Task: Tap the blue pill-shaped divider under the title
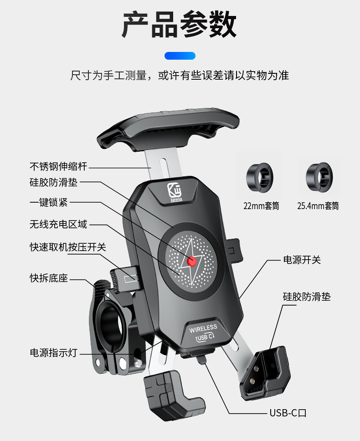[180, 56]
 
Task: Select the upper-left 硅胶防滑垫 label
[54, 183]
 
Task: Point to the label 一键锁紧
[49, 203]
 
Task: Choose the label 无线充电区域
[58, 224]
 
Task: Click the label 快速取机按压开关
[68, 247]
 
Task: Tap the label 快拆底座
[49, 277]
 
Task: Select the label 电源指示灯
[54, 353]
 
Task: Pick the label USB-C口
[288, 413]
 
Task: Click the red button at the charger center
[192, 261]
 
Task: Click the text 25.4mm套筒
[318, 206]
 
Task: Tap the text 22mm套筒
[261, 206]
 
